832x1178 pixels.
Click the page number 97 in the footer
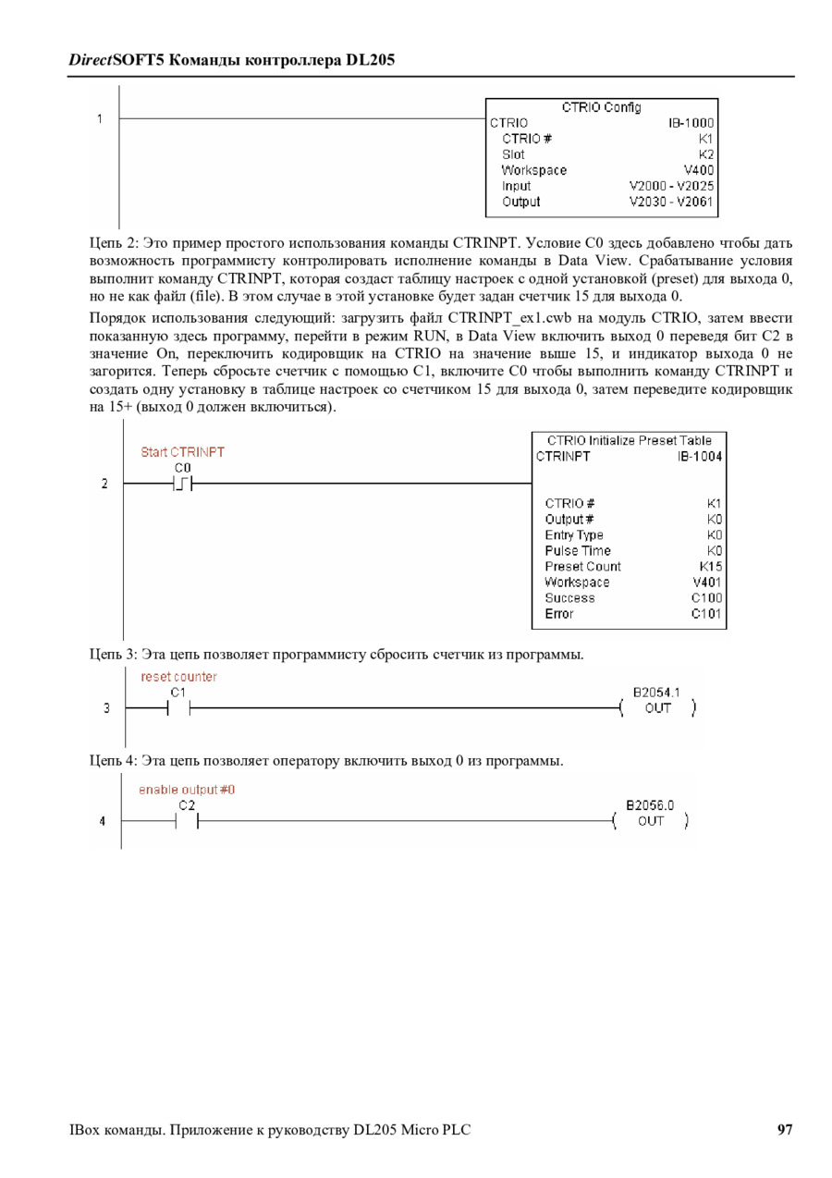point(785,1129)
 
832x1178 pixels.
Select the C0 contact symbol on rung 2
point(182,483)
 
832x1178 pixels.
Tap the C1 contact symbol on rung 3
point(178,709)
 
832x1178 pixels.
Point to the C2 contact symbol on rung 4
point(187,821)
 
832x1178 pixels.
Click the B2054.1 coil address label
point(656,692)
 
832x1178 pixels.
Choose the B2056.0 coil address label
point(650,805)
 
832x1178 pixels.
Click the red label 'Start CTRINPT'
point(182,452)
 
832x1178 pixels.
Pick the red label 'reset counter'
point(178,677)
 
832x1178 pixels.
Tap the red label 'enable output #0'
point(187,790)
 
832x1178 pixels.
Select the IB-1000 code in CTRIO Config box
point(691,122)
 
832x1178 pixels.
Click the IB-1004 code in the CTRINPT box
point(700,456)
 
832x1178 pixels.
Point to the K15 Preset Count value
point(711,567)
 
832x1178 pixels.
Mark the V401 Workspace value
point(707,583)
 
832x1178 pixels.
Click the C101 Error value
point(707,614)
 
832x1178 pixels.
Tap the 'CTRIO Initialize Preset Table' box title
point(630,440)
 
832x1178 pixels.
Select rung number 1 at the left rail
point(99,118)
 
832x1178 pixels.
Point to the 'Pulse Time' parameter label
point(577,551)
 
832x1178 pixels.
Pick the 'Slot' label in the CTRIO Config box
point(513,154)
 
